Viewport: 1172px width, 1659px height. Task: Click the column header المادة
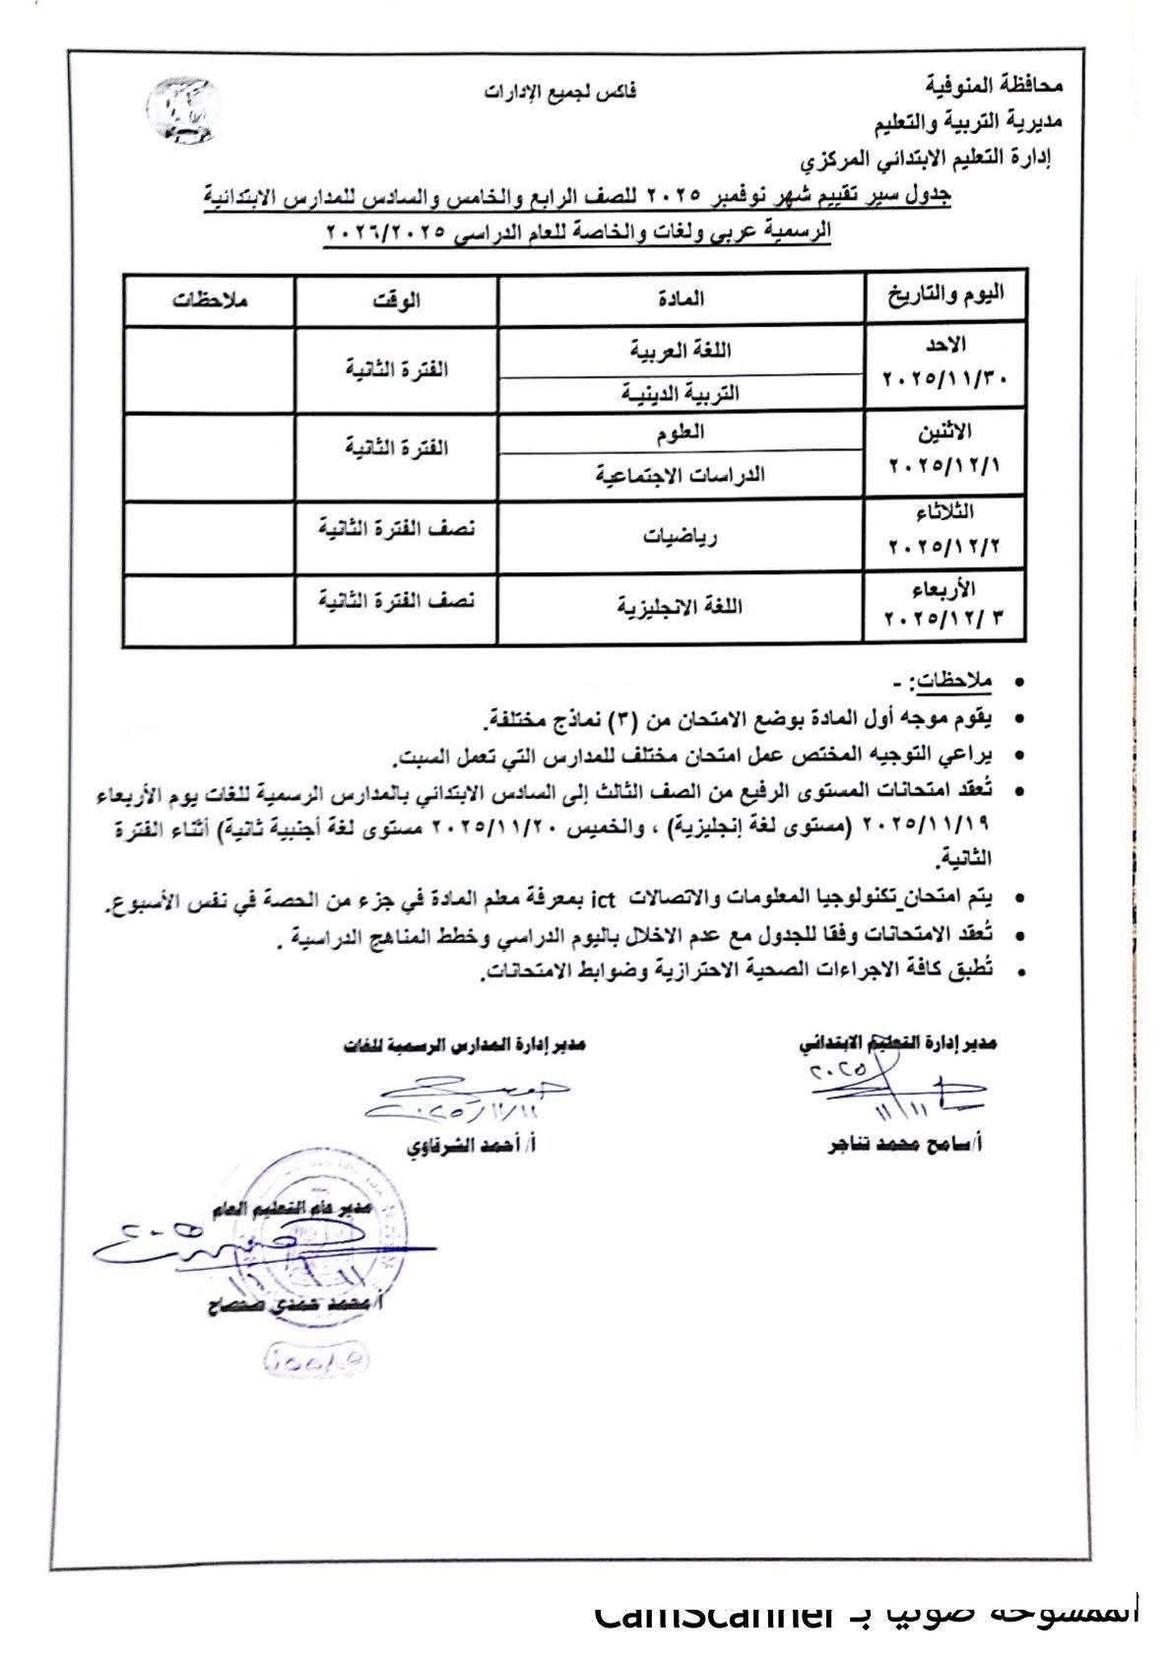click(682, 299)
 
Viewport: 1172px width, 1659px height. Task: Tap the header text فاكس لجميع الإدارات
click(559, 94)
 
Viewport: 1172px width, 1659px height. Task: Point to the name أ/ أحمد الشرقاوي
click(470, 1147)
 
